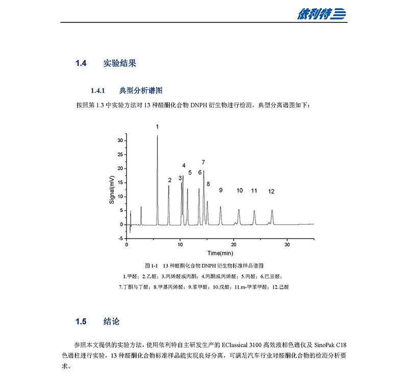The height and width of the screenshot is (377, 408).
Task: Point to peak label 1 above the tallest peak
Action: click(x=158, y=126)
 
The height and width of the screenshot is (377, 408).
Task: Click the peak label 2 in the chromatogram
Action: click(x=170, y=180)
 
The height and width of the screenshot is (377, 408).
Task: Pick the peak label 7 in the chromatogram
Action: click(x=203, y=162)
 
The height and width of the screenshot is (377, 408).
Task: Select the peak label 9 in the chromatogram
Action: click(x=221, y=190)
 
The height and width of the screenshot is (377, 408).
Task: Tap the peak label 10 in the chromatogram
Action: click(x=240, y=191)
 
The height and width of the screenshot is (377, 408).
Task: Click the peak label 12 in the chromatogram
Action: click(x=271, y=191)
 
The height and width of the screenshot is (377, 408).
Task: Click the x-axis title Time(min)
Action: click(x=220, y=253)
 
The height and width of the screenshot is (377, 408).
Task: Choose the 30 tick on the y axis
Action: click(x=121, y=140)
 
